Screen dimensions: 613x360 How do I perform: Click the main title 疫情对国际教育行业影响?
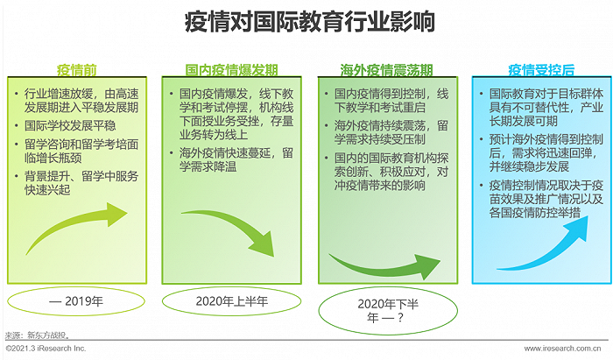pos(310,22)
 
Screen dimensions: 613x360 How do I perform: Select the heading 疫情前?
pos(77,70)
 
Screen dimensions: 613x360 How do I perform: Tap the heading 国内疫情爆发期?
pos(231,70)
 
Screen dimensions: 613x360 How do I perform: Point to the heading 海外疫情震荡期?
pos(387,70)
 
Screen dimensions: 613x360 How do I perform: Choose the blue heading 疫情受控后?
pos(541,70)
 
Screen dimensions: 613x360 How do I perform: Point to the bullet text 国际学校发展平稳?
pos(70,125)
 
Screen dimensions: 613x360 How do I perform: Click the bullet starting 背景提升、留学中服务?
pos(81,183)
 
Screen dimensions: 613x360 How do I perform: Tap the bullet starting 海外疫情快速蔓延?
pos(236,160)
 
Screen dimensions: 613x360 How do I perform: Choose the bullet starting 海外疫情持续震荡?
pos(391,132)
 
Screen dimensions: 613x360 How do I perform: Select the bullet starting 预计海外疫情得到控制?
pos(546,152)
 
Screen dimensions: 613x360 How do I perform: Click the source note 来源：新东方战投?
pos(38,335)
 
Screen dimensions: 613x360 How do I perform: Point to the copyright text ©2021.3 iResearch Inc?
pos(46,349)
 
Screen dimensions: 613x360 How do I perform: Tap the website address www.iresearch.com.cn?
pos(562,349)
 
